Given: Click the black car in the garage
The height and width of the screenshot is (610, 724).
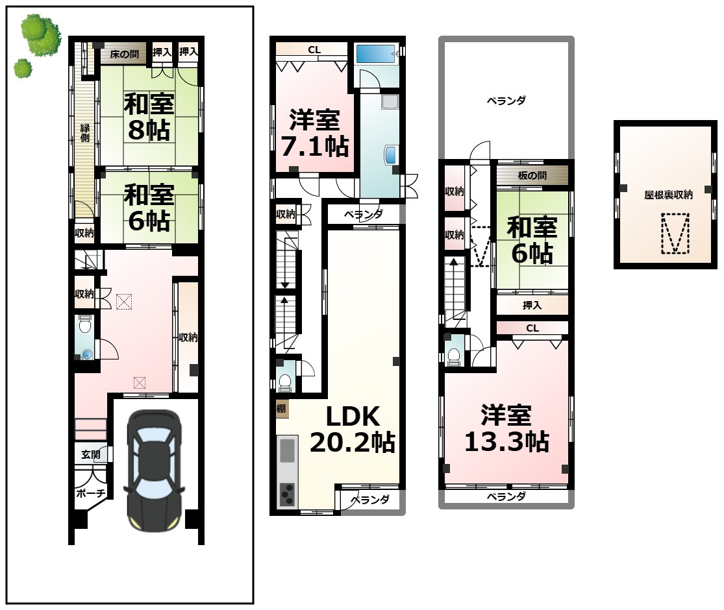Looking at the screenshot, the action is coord(154,470).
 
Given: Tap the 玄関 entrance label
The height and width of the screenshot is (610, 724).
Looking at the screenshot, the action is coord(90,454).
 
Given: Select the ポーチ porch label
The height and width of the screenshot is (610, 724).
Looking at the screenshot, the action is coord(90,493).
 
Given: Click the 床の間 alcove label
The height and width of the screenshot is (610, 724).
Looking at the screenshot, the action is coord(124,54).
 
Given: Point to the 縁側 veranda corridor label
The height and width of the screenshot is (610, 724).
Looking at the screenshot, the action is coord(85,133).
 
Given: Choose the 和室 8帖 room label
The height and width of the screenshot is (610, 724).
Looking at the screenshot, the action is coord(149,117).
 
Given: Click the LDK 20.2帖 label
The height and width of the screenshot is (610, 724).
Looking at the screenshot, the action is coord(353,429).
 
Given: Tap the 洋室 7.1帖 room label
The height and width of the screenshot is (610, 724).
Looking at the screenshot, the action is coord(315,133).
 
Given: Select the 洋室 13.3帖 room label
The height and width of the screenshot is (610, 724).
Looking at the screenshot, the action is coord(506,428).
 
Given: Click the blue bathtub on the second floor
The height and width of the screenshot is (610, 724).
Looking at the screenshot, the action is coord(376,55).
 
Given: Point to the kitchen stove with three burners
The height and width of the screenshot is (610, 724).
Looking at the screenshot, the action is coord(287,494).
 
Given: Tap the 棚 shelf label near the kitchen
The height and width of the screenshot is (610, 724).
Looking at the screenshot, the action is coord(281,408).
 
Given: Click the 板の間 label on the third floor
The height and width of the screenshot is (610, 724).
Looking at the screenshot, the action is coord(532,175).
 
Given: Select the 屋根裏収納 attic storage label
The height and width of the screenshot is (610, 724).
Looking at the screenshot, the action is coord(668,195).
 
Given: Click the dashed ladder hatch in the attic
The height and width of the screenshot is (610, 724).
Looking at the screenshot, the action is coord(675,234).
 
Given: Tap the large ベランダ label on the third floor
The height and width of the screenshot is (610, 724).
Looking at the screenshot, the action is coord(506,101).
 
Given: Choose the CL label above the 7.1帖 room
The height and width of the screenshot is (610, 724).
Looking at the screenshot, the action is coord(314,50).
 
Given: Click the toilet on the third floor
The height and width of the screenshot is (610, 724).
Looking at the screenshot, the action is coord(454,356).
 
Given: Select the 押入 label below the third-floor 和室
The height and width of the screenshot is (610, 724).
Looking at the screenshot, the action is coord(532,305).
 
